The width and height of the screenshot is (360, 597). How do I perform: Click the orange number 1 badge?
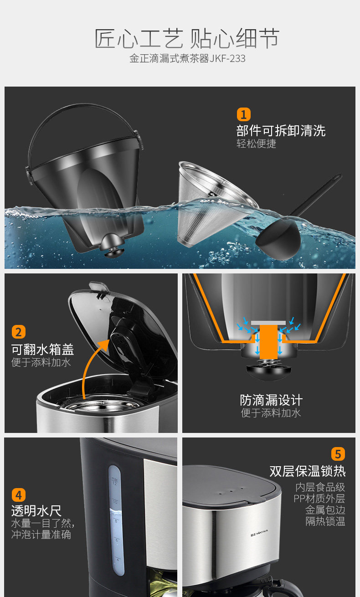pos(243,114)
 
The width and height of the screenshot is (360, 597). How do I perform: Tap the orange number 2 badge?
pos(18,332)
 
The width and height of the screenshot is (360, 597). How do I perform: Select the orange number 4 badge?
pos(18,495)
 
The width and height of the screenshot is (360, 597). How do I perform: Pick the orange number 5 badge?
pos(338,454)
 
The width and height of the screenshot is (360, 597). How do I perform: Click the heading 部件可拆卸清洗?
pos(281,131)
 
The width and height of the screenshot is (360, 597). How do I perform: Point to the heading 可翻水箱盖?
pos(43,350)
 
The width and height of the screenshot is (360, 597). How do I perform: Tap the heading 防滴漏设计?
pos(271,400)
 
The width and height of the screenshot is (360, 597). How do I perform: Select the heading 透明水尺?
pos(36,511)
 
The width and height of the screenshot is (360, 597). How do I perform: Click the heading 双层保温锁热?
pos(308,471)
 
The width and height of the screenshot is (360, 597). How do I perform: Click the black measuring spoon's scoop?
pos(278,241)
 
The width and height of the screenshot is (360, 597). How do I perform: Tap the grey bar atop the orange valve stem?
pos(268,323)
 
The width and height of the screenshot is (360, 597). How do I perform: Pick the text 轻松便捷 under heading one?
pos(257,144)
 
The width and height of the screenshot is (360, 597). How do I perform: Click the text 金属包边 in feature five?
pos(325,510)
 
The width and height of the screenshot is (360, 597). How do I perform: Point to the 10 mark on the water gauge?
pos(115,502)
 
